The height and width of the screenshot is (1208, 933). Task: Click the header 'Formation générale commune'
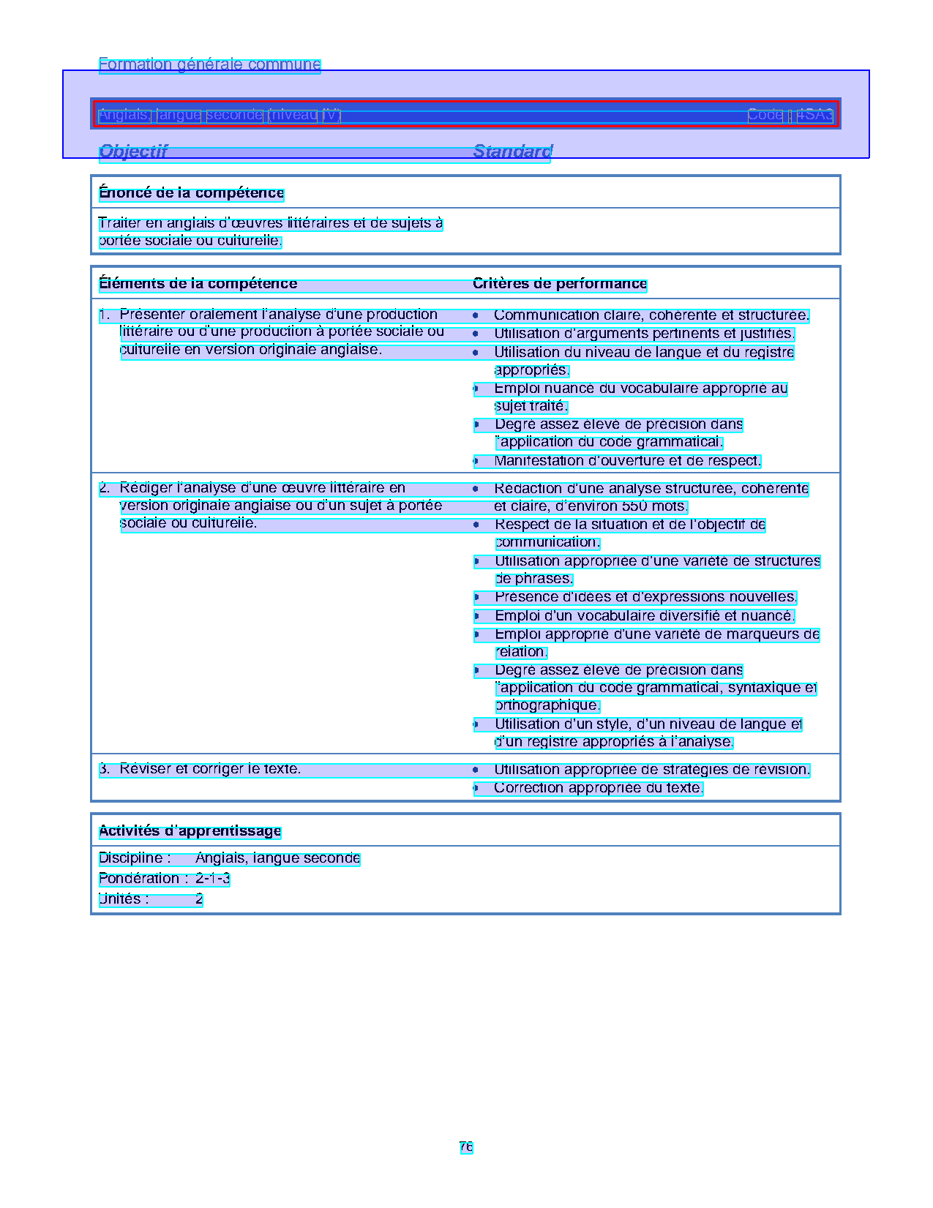coord(209,64)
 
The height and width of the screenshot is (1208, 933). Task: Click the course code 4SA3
coord(814,115)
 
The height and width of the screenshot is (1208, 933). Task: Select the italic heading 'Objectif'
coord(133,151)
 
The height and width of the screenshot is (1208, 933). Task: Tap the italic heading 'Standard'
coord(512,151)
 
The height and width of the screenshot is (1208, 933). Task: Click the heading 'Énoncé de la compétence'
coord(191,193)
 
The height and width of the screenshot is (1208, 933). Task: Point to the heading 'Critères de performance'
coord(560,284)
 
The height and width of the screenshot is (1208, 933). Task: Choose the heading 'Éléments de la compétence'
coord(198,284)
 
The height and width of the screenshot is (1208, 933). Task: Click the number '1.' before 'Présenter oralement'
coord(105,315)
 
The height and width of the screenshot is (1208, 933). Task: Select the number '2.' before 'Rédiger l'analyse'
coord(105,488)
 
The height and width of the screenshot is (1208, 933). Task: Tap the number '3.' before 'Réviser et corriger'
coord(105,769)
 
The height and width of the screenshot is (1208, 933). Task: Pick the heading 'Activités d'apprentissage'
coord(190,831)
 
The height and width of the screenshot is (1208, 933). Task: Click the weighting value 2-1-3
coord(212,879)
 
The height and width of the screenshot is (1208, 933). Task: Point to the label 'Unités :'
coord(124,899)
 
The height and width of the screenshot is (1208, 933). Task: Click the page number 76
coord(466,1147)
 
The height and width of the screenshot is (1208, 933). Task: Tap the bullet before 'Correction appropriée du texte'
coord(476,789)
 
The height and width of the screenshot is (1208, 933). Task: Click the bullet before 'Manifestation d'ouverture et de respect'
coord(476,462)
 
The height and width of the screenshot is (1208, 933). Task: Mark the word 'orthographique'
coord(547,705)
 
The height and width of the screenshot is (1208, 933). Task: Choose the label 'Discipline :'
coord(135,858)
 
